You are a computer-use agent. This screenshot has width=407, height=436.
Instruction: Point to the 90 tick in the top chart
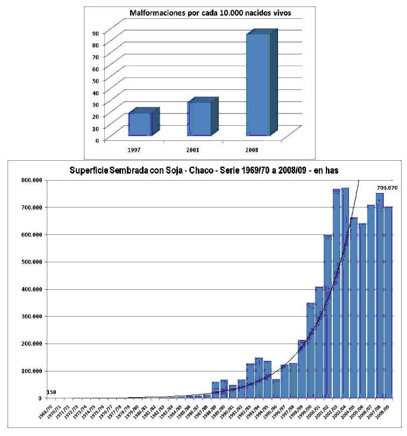tap(95, 33)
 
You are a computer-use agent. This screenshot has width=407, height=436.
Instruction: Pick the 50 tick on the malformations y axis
tap(95, 80)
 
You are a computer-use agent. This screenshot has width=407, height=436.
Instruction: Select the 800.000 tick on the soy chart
tap(33, 180)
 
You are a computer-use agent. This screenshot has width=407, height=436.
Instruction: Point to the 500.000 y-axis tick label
tap(33, 262)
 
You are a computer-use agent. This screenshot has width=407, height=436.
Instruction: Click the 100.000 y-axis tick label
tap(33, 371)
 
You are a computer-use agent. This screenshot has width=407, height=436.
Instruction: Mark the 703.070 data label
tap(387, 188)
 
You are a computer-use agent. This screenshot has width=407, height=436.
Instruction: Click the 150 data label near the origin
tap(51, 392)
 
